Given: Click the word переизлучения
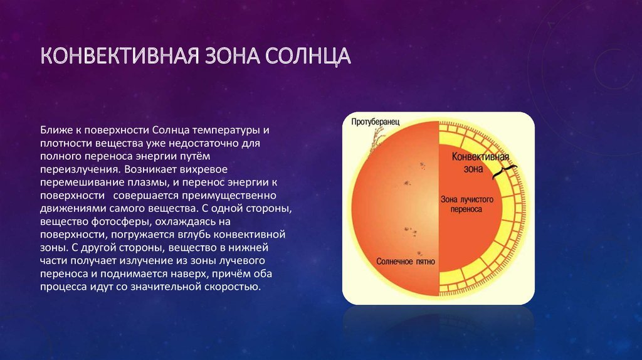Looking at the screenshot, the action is (x=81, y=169).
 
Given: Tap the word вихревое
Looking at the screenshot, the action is (x=204, y=169).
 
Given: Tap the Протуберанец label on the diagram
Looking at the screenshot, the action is (x=375, y=122).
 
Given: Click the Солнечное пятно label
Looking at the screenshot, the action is (x=406, y=262).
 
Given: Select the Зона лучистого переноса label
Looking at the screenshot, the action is (x=466, y=204).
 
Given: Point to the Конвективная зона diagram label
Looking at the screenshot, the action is (x=480, y=162).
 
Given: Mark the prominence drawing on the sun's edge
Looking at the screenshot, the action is (x=377, y=139).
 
